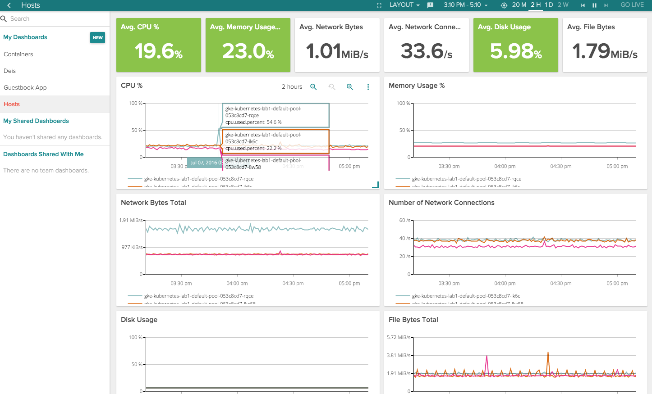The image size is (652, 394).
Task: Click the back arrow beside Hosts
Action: [9, 5]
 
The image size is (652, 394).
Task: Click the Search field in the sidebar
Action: [54, 18]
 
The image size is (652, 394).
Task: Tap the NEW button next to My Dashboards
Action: [97, 38]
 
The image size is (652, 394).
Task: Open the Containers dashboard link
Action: [18, 54]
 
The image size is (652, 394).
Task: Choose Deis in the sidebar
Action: [10, 71]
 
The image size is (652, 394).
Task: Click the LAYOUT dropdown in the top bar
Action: [404, 5]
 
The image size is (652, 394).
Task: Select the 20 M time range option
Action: [519, 5]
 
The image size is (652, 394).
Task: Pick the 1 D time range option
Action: [549, 5]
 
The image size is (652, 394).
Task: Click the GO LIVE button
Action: [632, 5]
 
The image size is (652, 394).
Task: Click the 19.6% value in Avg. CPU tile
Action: [158, 51]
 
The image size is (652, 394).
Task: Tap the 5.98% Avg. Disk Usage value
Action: [515, 51]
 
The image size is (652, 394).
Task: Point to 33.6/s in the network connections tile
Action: [426, 51]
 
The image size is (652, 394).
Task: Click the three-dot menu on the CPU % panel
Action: [368, 87]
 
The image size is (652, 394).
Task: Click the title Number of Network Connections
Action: [441, 203]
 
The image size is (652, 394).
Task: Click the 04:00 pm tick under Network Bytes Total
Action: [237, 283]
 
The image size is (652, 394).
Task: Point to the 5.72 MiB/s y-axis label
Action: [399, 337]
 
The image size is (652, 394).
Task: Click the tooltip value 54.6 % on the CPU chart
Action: [274, 122]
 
